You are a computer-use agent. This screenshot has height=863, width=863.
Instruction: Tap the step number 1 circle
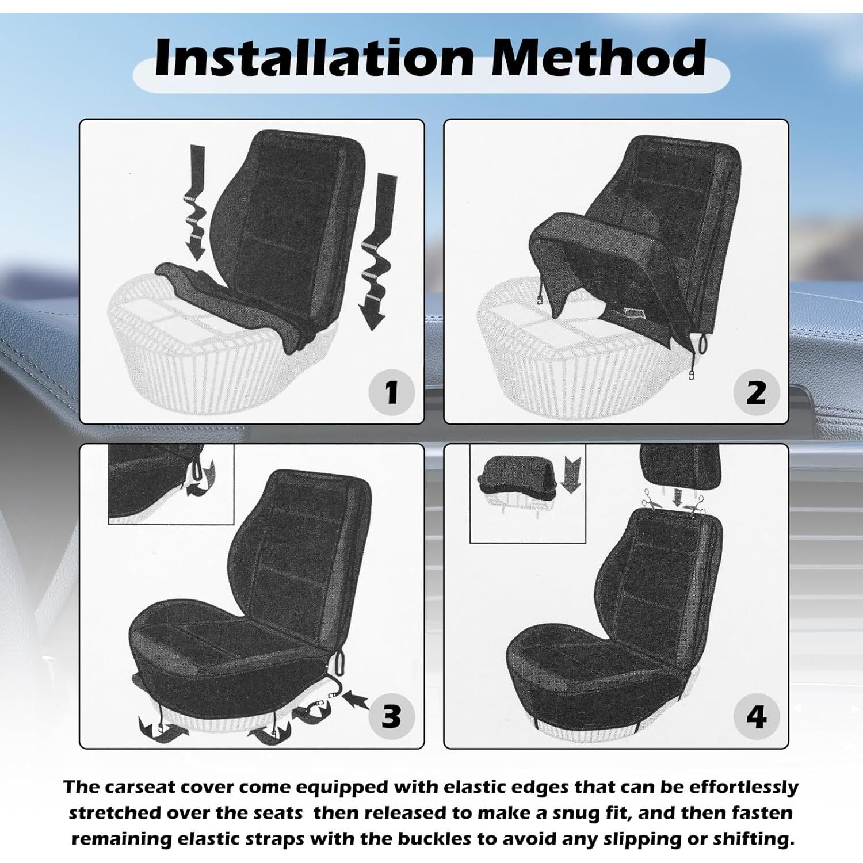coord(392,392)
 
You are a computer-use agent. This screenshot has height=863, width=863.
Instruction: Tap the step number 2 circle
coord(757,393)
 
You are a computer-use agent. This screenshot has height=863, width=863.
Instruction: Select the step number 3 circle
coord(392,716)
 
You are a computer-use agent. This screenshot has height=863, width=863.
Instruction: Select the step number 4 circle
coord(757,717)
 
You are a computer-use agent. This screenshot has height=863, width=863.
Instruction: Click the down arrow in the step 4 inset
coord(571,475)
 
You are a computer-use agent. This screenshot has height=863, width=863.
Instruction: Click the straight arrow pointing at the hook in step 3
coord(356,700)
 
